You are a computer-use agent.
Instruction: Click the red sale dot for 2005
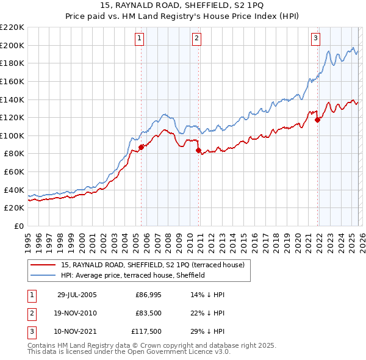[x=141, y=147]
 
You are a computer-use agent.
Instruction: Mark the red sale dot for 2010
[x=198, y=150]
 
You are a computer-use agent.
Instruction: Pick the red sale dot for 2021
[x=317, y=120]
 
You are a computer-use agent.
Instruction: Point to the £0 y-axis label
[x=20, y=226]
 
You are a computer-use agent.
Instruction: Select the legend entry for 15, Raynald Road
[x=152, y=265]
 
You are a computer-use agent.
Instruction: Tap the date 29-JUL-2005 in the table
[x=77, y=295]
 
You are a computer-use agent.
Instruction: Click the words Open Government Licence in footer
[x=171, y=352]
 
